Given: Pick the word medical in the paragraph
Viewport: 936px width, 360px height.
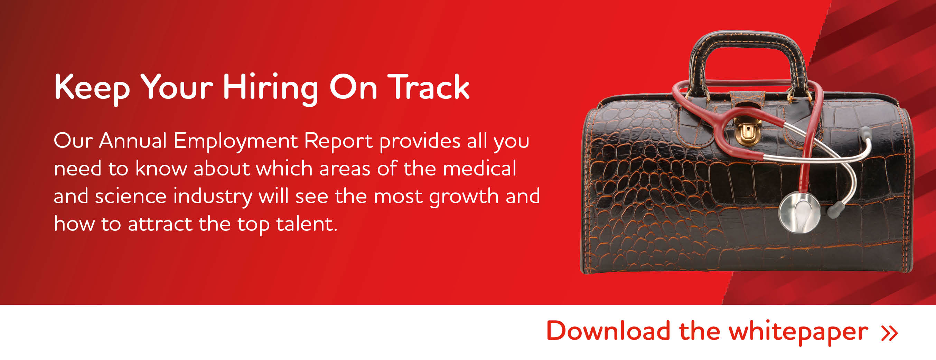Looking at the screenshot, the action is click(479, 168).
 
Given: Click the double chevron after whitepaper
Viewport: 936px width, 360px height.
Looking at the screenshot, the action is click(889, 333).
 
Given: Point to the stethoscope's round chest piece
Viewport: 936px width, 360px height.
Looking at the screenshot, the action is click(800, 212).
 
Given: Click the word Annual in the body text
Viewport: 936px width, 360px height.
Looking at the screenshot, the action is click(133, 140).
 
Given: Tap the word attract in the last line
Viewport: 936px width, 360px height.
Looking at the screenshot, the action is click(160, 224).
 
